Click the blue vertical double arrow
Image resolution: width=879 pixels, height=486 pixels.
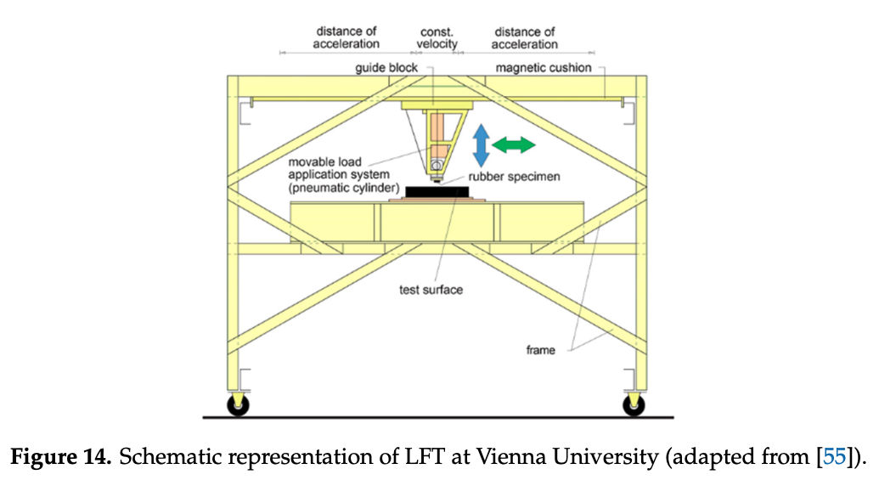click(481, 144)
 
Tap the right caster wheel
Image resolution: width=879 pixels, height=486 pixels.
click(634, 405)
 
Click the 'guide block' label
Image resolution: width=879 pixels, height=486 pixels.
click(386, 68)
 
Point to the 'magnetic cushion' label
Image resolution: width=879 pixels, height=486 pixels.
click(544, 68)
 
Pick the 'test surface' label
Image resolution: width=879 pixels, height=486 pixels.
click(431, 290)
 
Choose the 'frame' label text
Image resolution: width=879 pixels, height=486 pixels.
click(539, 349)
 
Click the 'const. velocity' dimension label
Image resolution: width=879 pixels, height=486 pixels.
click(437, 38)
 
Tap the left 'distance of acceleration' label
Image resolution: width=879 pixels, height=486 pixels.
click(347, 38)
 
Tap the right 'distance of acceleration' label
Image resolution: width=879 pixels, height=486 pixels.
click(526, 38)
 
